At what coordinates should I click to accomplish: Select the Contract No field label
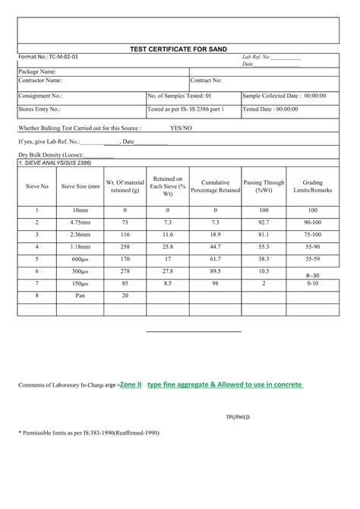pyautogui.click(x=206, y=80)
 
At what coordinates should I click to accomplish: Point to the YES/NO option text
pyautogui.click(x=182, y=128)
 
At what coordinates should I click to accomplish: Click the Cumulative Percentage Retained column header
pyautogui.click(x=215, y=186)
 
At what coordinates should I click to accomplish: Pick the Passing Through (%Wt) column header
pyautogui.click(x=264, y=186)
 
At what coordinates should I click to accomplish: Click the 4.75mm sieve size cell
pyautogui.click(x=81, y=222)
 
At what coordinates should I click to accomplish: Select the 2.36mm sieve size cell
pyautogui.click(x=81, y=234)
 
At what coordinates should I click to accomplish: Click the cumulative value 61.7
pyautogui.click(x=215, y=258)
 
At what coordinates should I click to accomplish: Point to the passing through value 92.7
pyautogui.click(x=264, y=222)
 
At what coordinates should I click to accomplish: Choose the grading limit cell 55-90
pyautogui.click(x=312, y=246)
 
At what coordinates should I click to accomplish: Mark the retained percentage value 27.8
pyautogui.click(x=168, y=270)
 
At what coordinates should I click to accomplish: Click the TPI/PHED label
pyautogui.click(x=238, y=417)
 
